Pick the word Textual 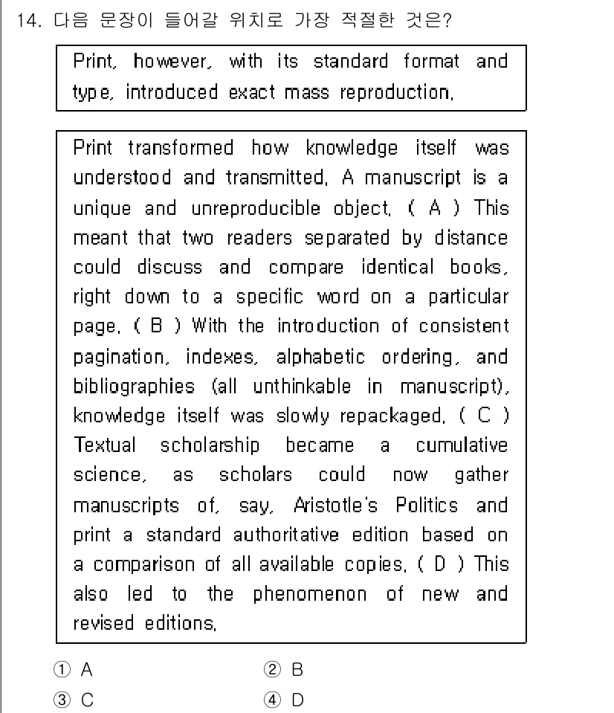(105, 446)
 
